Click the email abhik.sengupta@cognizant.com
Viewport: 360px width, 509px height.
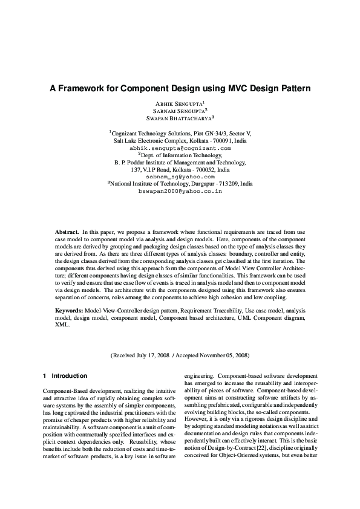coord(180,147)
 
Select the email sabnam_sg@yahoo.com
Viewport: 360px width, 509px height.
coord(180,176)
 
